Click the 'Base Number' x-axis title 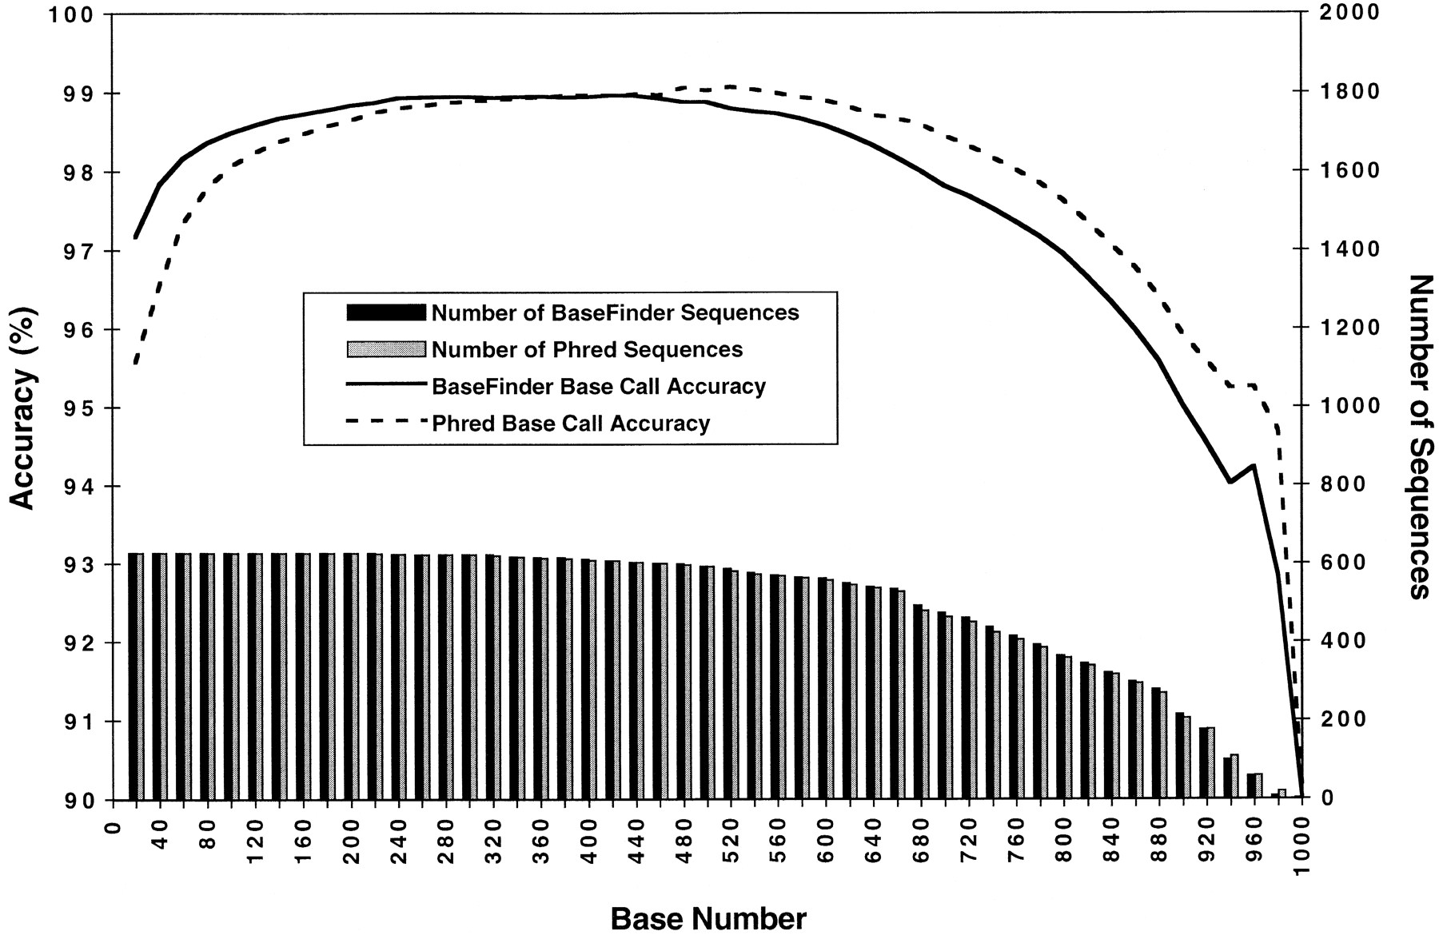tap(708, 918)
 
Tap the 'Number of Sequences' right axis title tap(1419, 436)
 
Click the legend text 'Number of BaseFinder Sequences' tap(616, 312)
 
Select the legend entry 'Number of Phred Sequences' tap(588, 349)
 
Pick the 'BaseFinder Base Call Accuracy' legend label tap(599, 387)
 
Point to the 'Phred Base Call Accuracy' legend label tap(571, 423)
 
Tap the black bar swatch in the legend tap(387, 312)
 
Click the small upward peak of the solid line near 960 tap(1253, 465)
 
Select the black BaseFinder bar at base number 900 tap(1180, 756)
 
